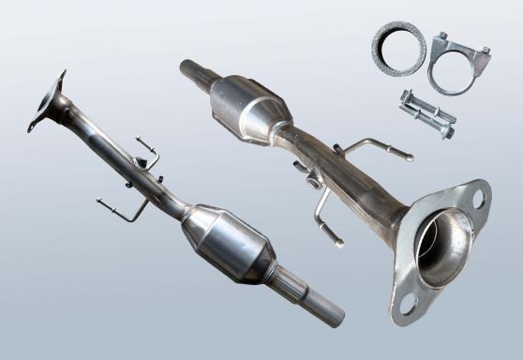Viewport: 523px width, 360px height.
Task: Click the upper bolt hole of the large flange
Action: point(478,197)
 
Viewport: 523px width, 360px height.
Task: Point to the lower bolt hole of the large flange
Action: point(409,302)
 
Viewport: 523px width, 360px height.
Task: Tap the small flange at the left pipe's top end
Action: point(46,101)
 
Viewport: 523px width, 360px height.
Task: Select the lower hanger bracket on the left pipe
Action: point(122,208)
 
